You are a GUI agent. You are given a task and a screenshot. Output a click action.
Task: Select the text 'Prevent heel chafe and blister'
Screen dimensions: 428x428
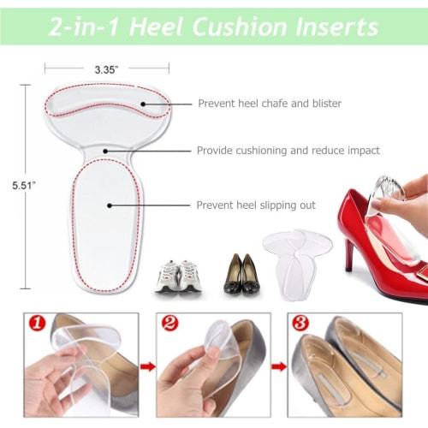tap(270, 104)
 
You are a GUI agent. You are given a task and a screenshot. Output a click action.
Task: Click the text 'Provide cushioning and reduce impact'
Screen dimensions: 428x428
tap(288, 151)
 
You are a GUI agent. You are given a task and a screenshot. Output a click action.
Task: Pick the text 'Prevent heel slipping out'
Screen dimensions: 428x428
tap(256, 205)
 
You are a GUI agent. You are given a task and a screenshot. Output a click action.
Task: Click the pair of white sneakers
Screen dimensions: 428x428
tap(179, 276)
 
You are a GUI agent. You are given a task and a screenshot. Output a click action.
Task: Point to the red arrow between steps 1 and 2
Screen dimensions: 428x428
tap(146, 367)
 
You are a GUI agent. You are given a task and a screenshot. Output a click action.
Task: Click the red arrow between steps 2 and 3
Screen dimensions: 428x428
tap(278, 367)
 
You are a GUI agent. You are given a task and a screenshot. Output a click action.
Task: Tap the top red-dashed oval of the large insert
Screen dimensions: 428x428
tap(107, 104)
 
